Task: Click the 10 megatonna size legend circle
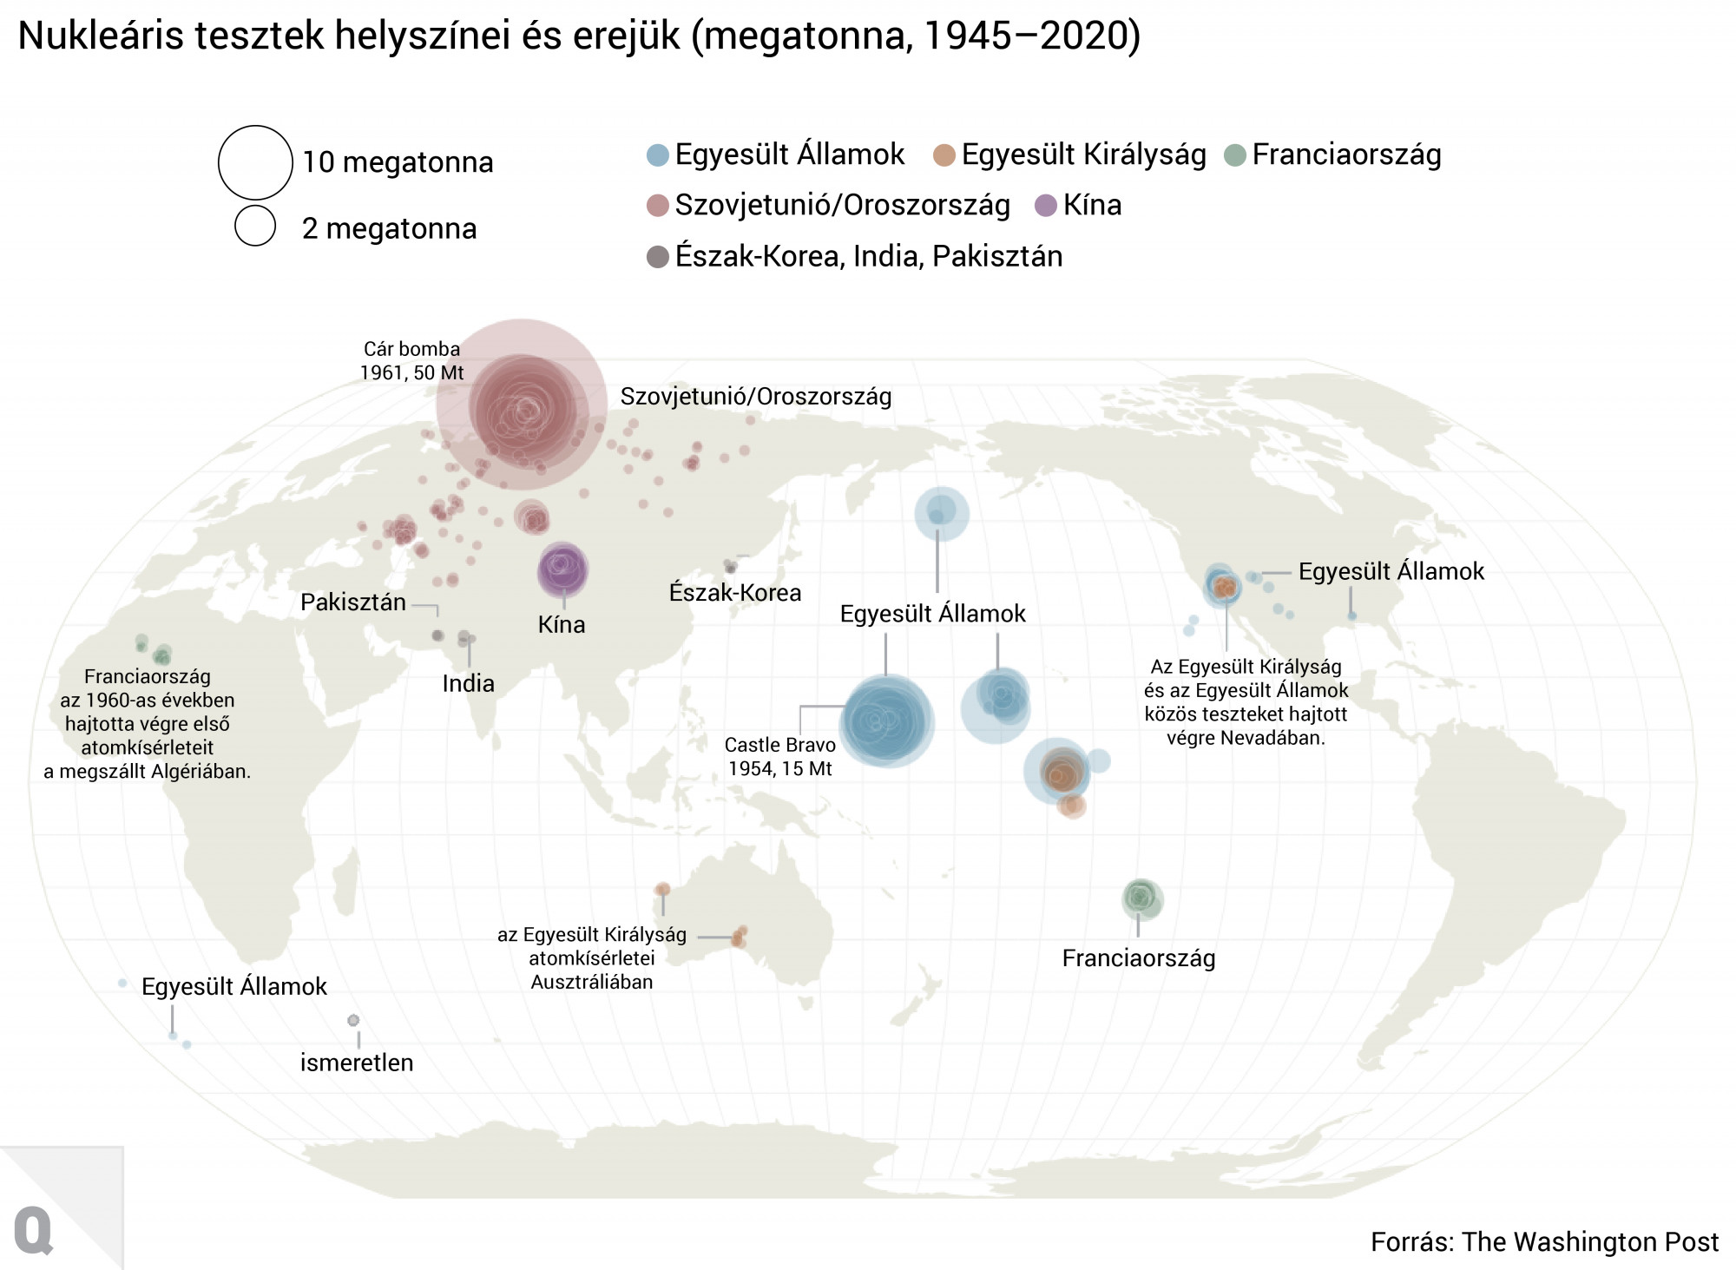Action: coord(255,162)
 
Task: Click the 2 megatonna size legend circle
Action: coord(255,226)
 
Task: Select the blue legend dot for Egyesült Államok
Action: coord(658,155)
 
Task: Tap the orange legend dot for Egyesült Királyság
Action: coord(944,155)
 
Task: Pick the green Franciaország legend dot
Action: coord(1235,155)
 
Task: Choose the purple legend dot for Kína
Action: coord(1047,206)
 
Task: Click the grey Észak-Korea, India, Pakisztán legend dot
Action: coord(658,257)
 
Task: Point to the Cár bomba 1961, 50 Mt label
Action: coord(412,360)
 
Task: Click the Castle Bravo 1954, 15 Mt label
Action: coord(779,756)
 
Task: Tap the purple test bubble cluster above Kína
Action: coord(562,569)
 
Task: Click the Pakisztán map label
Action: coord(353,602)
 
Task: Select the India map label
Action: coord(468,683)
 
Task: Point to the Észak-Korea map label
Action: coord(735,593)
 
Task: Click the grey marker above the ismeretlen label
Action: coord(353,1020)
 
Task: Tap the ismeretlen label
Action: coord(357,1063)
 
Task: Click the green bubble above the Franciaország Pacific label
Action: coord(1141,898)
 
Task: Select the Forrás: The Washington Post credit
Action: coord(1544,1241)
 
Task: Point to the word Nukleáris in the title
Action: coord(101,36)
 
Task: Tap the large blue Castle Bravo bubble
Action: coord(886,721)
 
